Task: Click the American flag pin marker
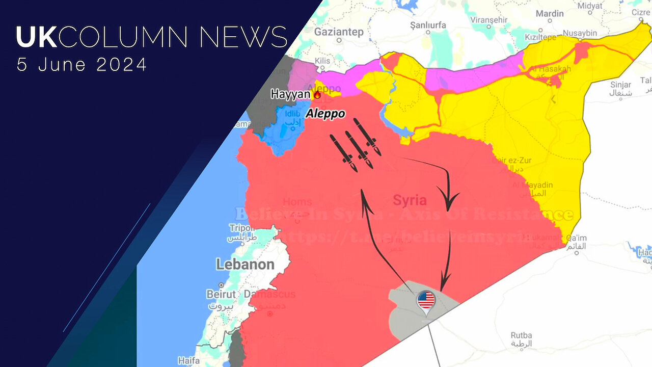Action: coord(426,301)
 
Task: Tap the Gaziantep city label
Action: coord(338,32)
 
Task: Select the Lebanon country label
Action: coord(245,264)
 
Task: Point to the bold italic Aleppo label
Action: coord(325,114)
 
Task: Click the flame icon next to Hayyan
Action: coord(317,94)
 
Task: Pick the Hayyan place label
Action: coord(290,94)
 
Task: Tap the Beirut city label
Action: coord(221,294)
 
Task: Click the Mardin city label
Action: coord(550,14)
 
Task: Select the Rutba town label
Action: coord(521,335)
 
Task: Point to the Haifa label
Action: coord(188,360)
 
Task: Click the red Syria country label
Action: coord(410,200)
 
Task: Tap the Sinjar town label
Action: coord(620,85)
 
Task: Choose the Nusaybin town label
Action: coord(580,33)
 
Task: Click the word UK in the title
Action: coord(33,38)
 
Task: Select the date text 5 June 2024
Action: coord(81,65)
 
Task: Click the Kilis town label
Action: coord(323,61)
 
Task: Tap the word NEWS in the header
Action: coord(243,38)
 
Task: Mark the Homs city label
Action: coord(297,202)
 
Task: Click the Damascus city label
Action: coord(269,294)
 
